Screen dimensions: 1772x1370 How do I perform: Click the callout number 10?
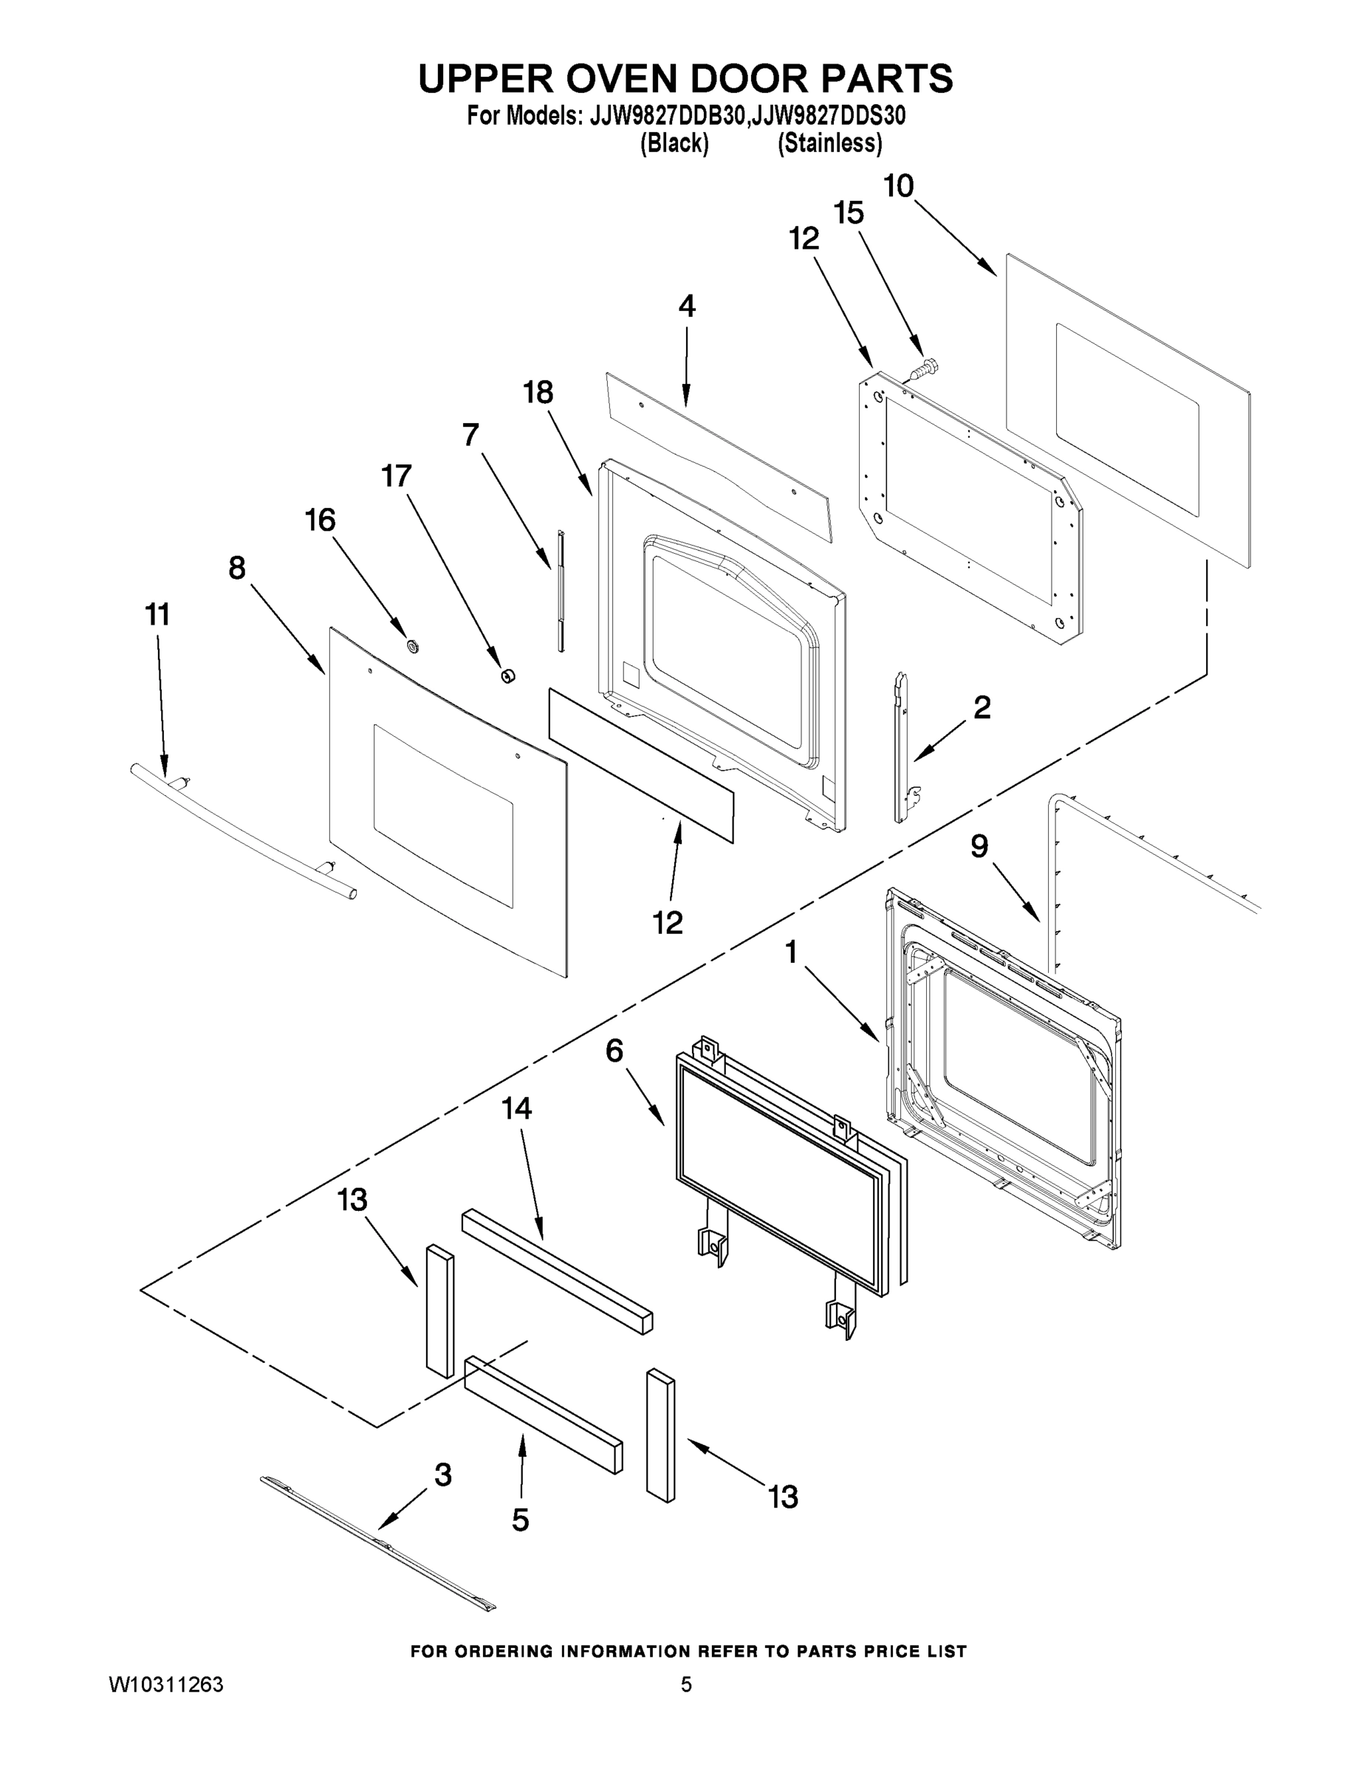click(x=899, y=187)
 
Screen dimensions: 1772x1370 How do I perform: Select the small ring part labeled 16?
click(x=412, y=646)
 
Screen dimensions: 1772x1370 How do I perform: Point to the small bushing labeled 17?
click(x=507, y=675)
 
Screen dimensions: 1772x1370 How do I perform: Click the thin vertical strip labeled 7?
click(x=559, y=590)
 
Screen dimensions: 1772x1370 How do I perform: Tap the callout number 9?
click(x=979, y=847)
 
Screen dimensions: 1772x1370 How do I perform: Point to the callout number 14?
click(x=517, y=1108)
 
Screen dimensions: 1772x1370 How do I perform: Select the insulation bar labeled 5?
click(x=542, y=1413)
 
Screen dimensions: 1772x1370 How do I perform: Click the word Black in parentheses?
click(x=674, y=144)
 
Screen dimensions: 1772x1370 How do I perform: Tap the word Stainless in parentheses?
click(x=829, y=144)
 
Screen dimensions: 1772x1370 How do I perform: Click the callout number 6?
click(x=614, y=1051)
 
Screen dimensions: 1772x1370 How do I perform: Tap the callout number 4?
click(x=687, y=306)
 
